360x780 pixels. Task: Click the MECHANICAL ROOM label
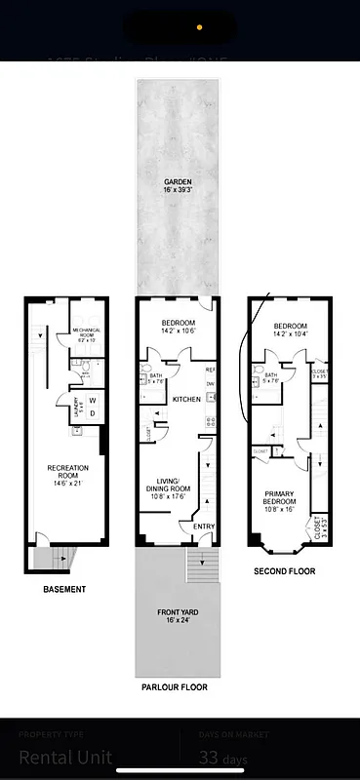(x=92, y=332)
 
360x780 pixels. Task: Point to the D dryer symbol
(x=93, y=412)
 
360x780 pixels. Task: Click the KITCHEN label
(x=186, y=400)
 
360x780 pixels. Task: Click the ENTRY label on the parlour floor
(x=205, y=527)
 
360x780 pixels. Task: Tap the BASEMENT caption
(x=64, y=589)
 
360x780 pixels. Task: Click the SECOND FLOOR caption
(x=286, y=571)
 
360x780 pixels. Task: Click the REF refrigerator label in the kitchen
(x=210, y=370)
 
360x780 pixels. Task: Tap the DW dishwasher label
(x=210, y=384)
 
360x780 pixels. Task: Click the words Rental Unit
(x=65, y=758)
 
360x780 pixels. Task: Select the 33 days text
(x=223, y=758)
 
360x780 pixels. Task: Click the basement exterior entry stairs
(x=47, y=559)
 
